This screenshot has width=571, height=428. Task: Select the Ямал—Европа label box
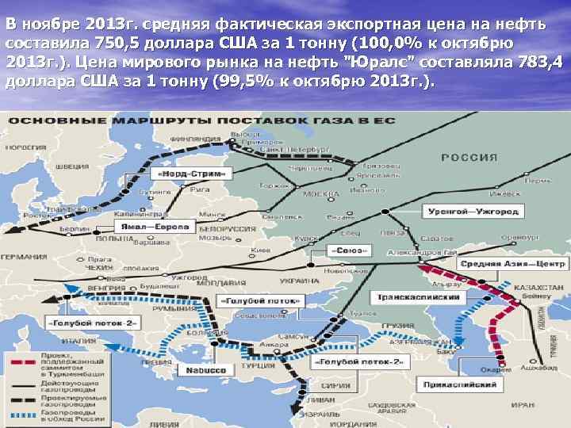pos(155,227)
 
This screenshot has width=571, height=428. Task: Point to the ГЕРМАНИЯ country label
pos(25,257)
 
